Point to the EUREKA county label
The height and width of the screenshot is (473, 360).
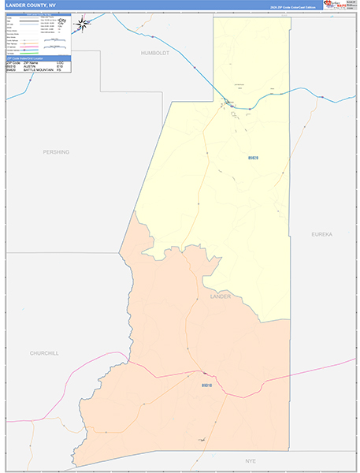322,235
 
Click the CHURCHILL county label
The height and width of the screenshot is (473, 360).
44,353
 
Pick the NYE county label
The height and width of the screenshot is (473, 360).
251,460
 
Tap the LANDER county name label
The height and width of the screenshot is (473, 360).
220,296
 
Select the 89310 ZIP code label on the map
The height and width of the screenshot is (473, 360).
206,385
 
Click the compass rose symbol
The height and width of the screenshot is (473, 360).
81,24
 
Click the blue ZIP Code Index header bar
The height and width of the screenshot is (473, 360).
38,58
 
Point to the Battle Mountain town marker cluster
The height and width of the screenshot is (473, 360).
228,103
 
